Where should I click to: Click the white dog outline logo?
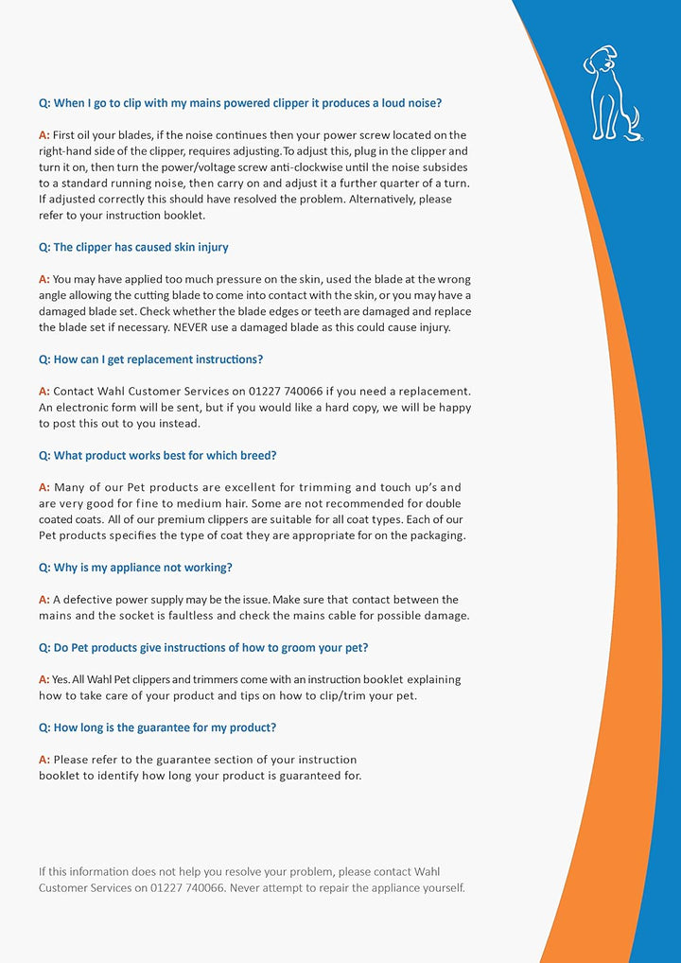click(x=611, y=93)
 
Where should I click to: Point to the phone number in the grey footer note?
click(x=186, y=888)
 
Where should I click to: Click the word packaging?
click(x=433, y=535)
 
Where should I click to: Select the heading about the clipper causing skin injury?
click(x=133, y=247)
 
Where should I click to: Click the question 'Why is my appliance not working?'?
click(x=135, y=568)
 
